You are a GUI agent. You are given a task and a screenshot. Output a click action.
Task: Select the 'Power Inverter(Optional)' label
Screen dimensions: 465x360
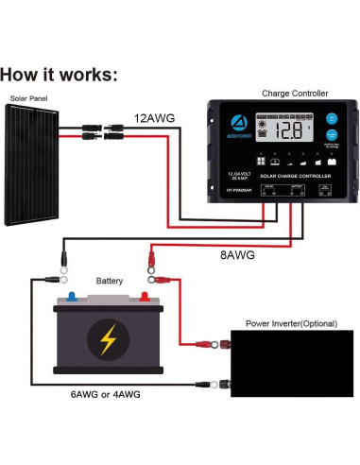click(x=291, y=323)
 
